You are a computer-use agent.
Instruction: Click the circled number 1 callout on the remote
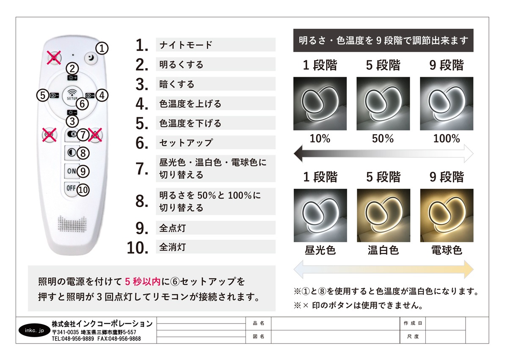click(x=102, y=48)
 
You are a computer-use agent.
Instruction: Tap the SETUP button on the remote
click(x=72, y=95)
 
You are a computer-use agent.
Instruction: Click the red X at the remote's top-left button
click(x=54, y=58)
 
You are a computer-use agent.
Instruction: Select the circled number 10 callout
click(x=83, y=190)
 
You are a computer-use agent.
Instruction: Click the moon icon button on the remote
click(x=91, y=58)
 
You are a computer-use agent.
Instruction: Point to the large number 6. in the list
click(x=142, y=143)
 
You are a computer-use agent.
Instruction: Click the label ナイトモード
click(x=186, y=45)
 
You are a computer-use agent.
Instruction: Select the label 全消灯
click(x=173, y=247)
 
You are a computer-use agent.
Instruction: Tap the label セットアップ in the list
click(x=186, y=142)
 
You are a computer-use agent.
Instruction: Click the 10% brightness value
click(x=320, y=138)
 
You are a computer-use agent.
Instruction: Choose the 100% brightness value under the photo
click(x=447, y=138)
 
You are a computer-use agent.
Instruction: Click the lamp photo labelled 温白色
click(x=384, y=215)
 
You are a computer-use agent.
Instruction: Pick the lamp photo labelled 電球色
click(x=447, y=215)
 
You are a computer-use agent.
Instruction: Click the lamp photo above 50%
click(x=383, y=103)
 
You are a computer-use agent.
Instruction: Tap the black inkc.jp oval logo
click(x=34, y=330)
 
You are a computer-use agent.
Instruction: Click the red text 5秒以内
click(x=143, y=282)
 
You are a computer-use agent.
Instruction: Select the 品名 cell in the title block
click(x=259, y=323)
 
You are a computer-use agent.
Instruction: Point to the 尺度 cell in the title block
click(x=413, y=336)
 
